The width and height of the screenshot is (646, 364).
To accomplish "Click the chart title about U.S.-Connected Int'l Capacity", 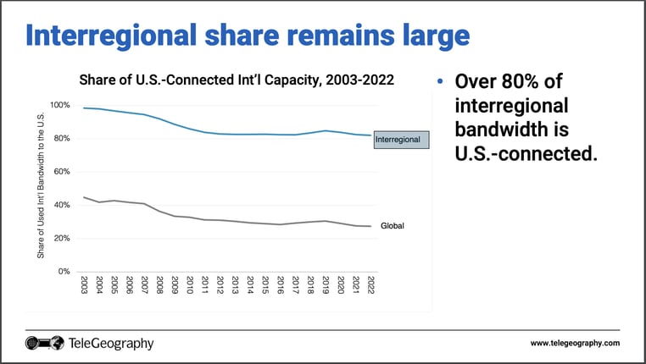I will tap(237, 80).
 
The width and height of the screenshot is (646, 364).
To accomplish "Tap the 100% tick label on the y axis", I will tap(61, 105).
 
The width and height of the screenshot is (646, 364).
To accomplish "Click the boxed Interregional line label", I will tap(402, 138).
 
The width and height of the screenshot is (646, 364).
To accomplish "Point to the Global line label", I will tap(392, 227).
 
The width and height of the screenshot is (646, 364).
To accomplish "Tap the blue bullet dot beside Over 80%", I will tap(439, 83).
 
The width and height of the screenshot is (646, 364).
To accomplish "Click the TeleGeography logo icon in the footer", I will tap(44, 343).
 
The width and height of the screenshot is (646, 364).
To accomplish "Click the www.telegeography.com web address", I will tap(575, 343).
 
